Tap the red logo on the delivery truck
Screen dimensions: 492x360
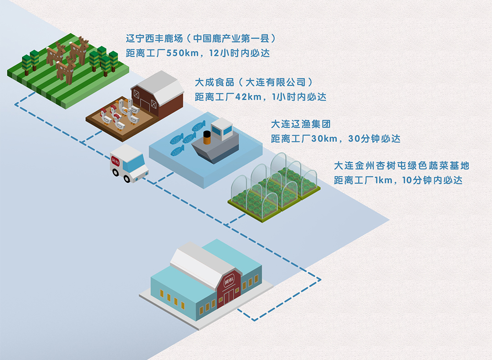pos(115,162)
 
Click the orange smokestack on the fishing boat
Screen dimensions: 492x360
pos(207,138)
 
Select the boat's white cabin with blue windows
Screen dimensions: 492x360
pos(222,129)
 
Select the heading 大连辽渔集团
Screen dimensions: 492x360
pos(301,124)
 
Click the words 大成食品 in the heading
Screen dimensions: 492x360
pos(215,82)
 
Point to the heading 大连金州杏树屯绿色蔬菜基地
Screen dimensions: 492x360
pos(401,165)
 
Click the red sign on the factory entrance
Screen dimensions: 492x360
pos(229,280)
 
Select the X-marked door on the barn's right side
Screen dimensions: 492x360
pos(154,104)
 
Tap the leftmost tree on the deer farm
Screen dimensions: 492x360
pos(27,65)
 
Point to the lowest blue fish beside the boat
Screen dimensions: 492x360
pos(177,151)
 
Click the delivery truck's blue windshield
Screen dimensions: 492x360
pos(137,162)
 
